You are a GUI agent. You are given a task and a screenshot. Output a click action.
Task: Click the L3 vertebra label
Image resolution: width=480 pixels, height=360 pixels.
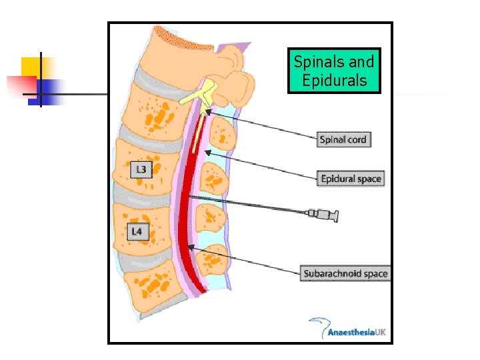coord(141,170)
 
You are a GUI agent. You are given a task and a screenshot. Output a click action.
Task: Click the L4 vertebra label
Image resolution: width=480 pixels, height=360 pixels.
coord(136,232)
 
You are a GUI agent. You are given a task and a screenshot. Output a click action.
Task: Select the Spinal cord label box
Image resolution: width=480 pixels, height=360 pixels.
coord(343,140)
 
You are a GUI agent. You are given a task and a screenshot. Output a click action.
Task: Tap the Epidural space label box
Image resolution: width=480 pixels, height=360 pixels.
coord(351,179)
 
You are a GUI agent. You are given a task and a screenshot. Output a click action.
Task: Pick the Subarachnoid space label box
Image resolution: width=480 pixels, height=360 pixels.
coord(345,273)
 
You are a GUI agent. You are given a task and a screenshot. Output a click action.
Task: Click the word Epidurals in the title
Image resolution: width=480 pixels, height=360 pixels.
coord(334,81)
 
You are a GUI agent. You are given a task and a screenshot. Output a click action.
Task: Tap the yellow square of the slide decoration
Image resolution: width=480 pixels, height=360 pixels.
coord(32,67)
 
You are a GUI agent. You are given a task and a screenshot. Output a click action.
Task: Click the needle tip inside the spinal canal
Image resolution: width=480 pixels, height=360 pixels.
coord(190,197)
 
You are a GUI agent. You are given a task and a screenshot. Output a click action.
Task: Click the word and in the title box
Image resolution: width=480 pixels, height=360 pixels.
coord(361,62)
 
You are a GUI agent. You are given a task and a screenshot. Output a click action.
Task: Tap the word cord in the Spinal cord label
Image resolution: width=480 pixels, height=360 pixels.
coord(355,140)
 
